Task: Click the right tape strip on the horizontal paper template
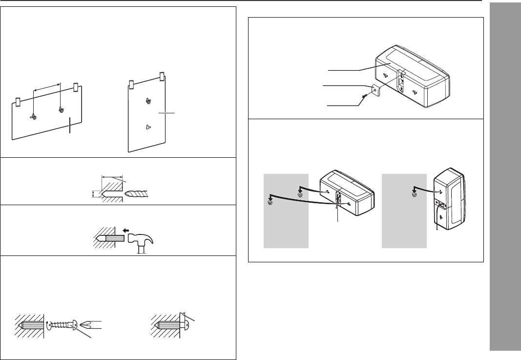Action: coord(76,88)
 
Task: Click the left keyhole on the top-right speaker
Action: coord(385,75)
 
